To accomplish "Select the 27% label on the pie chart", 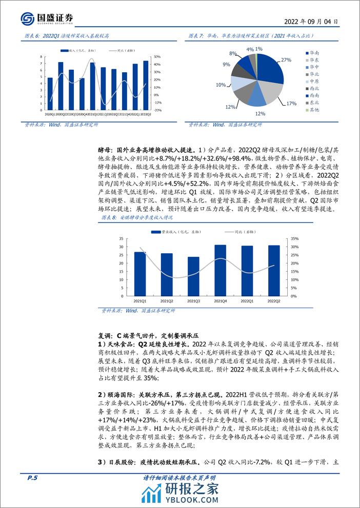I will (286, 60).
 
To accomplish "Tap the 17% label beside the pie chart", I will (291, 104).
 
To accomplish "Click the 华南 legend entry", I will (313, 53).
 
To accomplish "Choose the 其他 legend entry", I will (313, 110).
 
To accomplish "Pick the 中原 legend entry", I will (313, 82).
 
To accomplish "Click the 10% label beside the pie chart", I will (221, 85).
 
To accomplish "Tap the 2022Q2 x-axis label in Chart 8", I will (274, 301).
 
